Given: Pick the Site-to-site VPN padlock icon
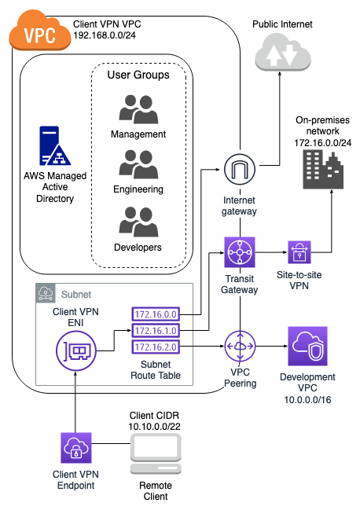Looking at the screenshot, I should pos(300,252).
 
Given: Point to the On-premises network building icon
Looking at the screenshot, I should pos(323,164).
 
